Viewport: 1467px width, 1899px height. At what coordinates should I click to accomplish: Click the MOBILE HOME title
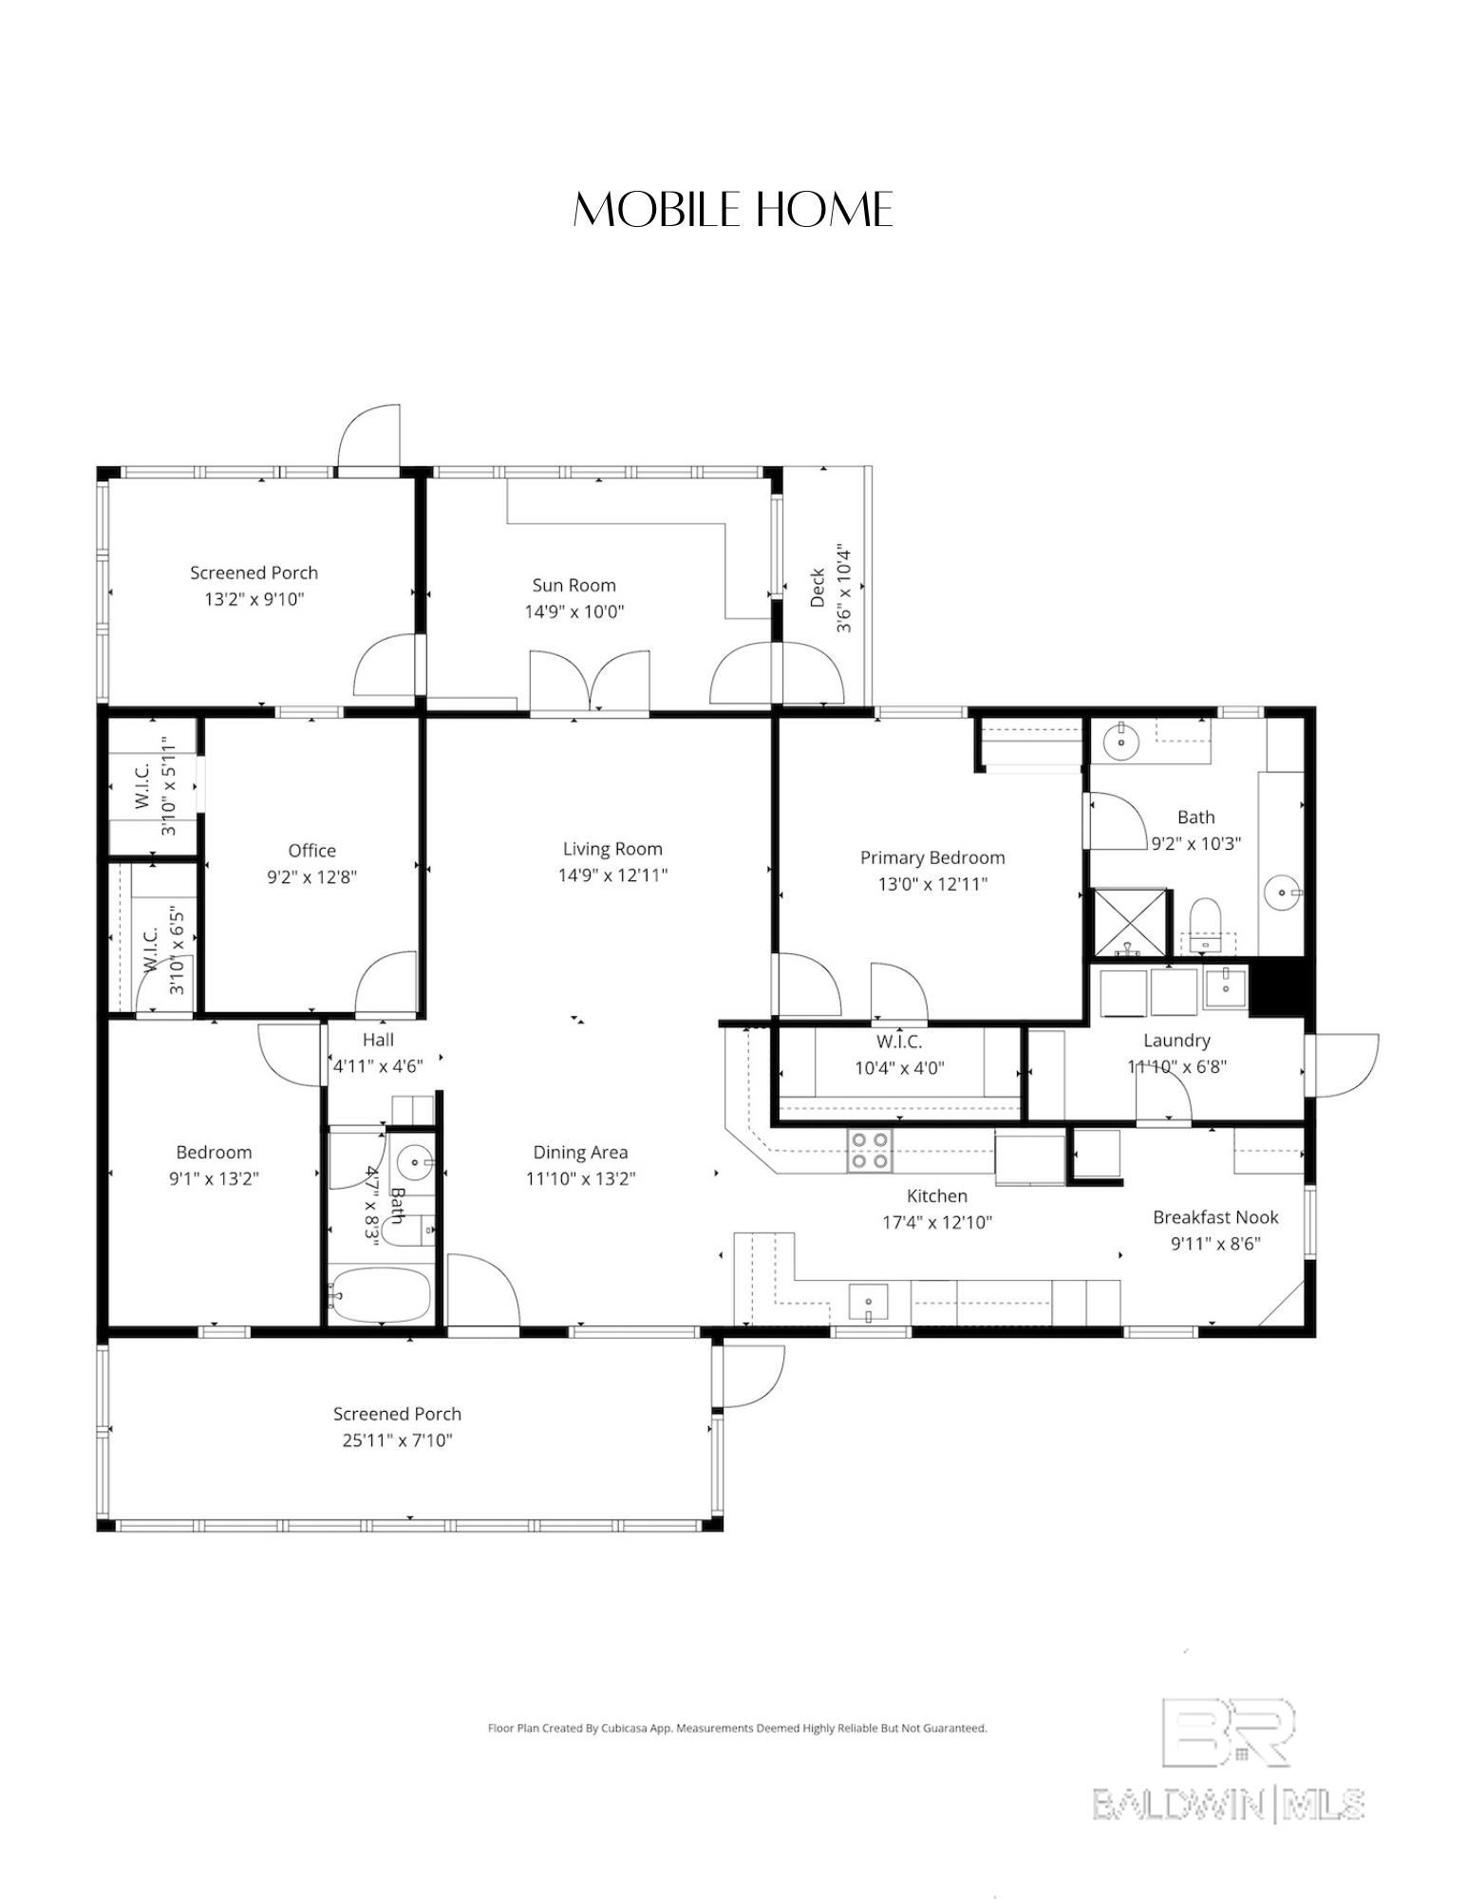(733, 210)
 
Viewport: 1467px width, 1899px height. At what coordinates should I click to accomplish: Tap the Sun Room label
(574, 585)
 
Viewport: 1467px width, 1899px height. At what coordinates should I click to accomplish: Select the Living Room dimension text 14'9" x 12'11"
(612, 874)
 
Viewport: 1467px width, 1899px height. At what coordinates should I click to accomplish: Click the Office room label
(311, 851)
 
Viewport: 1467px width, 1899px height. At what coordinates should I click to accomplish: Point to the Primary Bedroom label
(932, 857)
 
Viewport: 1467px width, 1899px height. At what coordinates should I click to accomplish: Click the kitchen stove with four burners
(870, 1150)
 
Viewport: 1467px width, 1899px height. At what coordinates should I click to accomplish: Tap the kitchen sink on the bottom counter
(868, 1302)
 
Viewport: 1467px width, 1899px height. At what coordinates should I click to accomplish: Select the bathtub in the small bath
(380, 1294)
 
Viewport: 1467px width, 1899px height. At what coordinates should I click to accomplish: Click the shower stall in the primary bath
(1130, 922)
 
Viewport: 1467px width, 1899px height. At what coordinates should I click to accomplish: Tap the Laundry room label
(1176, 1041)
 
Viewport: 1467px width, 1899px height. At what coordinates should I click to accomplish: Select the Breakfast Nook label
(1215, 1217)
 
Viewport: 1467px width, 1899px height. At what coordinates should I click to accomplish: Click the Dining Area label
(580, 1153)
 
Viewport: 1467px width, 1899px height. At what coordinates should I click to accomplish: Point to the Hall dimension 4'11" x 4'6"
(378, 1066)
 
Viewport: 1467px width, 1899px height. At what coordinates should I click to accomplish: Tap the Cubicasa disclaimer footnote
(737, 1728)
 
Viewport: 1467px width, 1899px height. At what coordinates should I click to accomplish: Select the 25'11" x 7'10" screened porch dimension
(397, 1440)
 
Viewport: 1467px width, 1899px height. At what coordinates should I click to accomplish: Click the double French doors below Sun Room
(590, 681)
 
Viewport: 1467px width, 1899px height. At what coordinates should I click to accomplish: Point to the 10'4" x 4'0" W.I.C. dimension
(899, 1067)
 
